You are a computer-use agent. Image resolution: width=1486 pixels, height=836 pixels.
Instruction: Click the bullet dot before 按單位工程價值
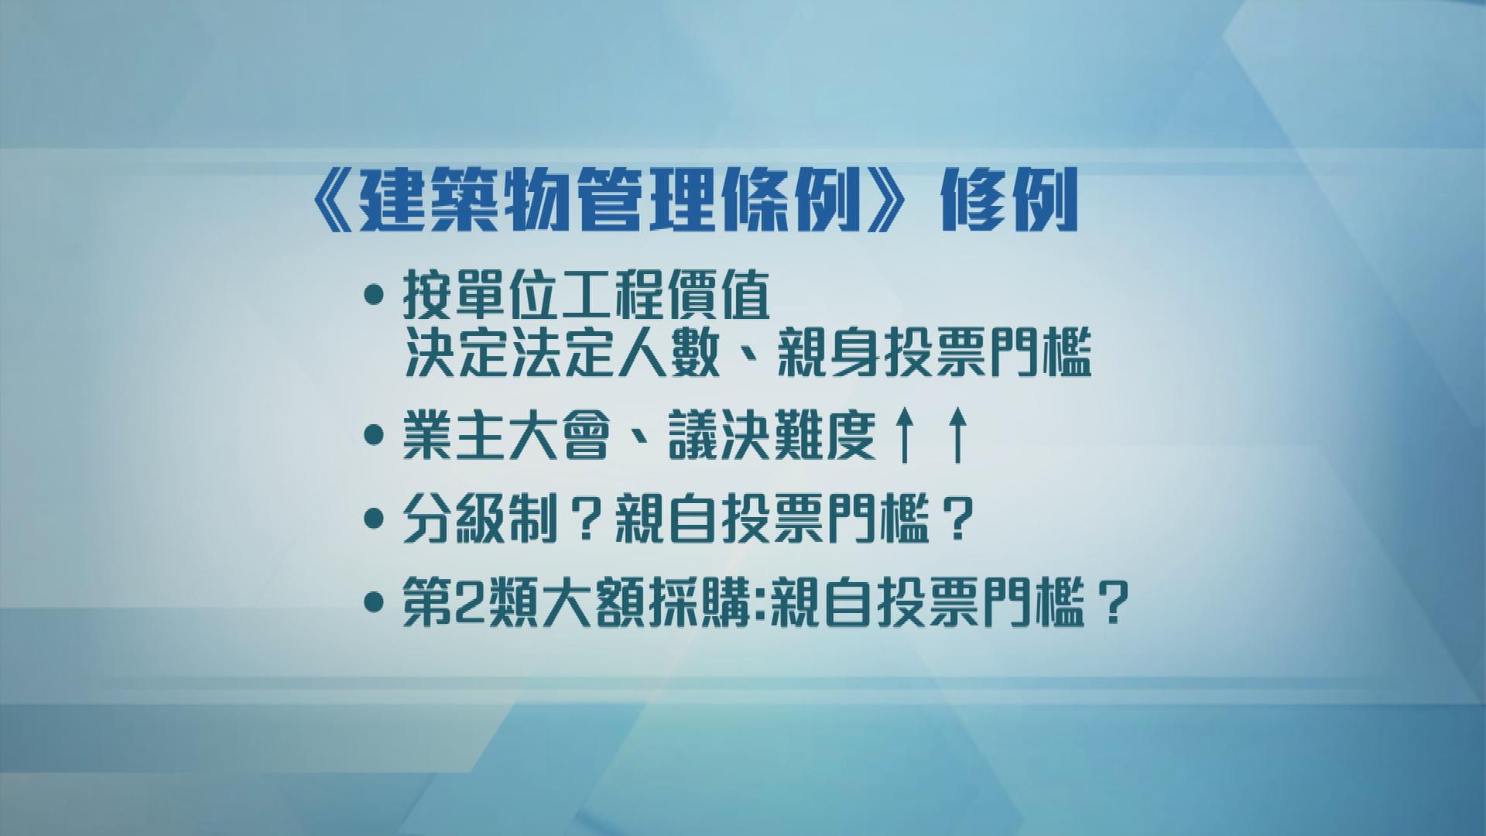click(375, 295)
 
